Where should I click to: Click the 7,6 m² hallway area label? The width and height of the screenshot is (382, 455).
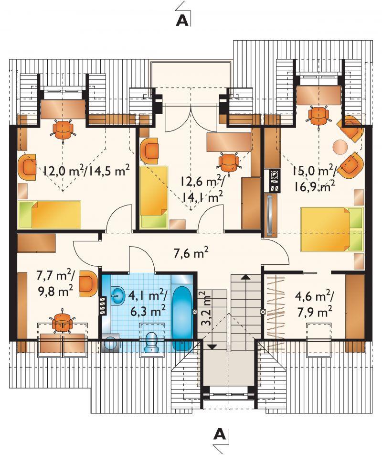pyautogui.click(x=191, y=253)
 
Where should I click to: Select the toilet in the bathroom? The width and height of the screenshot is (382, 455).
pyautogui.click(x=152, y=342)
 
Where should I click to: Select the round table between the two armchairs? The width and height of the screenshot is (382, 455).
pyautogui.click(x=340, y=147)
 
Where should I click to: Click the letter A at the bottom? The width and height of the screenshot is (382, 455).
pyautogui.click(x=220, y=434)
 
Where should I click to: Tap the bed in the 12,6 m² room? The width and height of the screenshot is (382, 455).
pyautogui.click(x=154, y=197)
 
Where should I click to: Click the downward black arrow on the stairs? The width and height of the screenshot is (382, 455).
pyautogui.click(x=212, y=346)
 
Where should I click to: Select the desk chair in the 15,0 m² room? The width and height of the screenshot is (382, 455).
pyautogui.click(x=318, y=115)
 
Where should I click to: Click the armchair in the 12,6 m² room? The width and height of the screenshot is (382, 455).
pyautogui.click(x=149, y=150)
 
